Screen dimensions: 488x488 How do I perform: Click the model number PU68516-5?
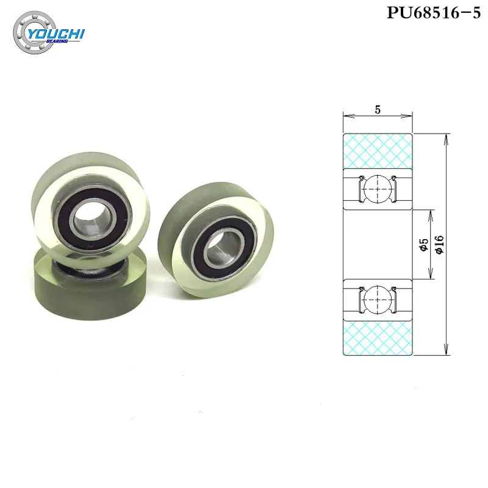433,13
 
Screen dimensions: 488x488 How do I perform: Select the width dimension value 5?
378,110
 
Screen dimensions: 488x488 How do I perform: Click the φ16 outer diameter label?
439,244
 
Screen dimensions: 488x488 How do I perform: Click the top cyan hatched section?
378,150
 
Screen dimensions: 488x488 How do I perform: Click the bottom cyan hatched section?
378,338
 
